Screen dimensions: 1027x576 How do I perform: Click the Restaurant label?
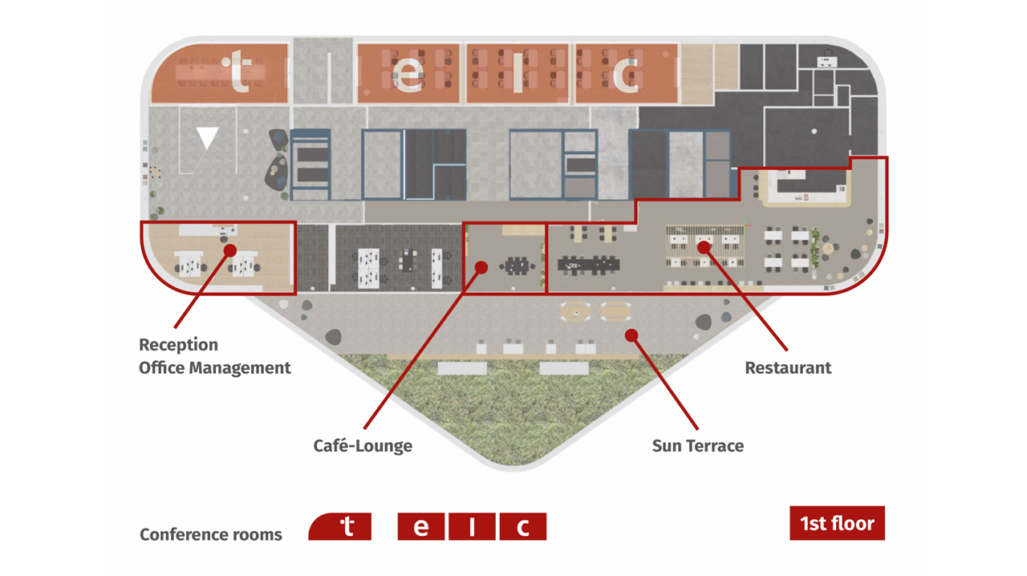tap(788, 367)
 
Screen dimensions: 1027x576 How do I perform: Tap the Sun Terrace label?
tap(698, 446)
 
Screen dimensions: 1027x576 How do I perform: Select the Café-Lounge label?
tap(363, 446)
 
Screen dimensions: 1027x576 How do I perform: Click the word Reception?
tap(178, 345)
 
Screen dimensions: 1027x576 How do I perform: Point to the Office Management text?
tap(214, 367)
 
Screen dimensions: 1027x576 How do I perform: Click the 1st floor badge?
tap(837, 523)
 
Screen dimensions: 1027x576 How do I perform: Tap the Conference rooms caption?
tap(211, 535)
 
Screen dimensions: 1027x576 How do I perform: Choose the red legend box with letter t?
tap(339, 526)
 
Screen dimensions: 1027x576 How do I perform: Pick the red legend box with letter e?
tap(421, 526)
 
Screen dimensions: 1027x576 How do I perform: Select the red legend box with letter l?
tap(472, 526)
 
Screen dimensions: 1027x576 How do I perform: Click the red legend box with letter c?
tap(523, 526)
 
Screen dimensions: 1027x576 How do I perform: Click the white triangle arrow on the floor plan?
tap(207, 137)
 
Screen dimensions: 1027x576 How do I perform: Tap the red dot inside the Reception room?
tap(230, 250)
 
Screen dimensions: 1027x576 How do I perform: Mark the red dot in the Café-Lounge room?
tap(481, 267)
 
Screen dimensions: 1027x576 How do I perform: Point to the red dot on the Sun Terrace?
tap(631, 335)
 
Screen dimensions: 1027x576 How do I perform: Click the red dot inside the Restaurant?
tap(704, 247)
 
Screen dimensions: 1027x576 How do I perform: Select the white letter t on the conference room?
tap(237, 71)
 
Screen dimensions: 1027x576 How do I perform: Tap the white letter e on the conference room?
tap(408, 75)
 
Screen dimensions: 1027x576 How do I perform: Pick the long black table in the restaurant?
tap(589, 265)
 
